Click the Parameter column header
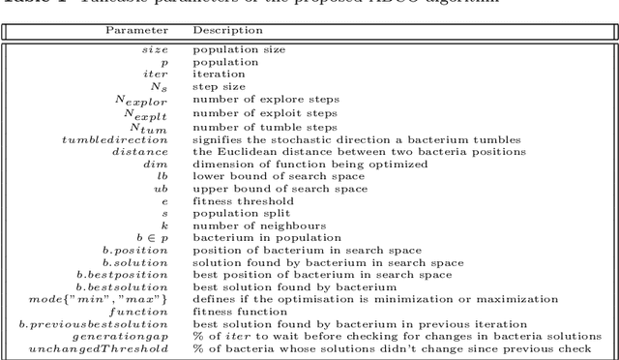[x=136, y=30]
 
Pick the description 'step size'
[x=219, y=87]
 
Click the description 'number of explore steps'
[x=252, y=100]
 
